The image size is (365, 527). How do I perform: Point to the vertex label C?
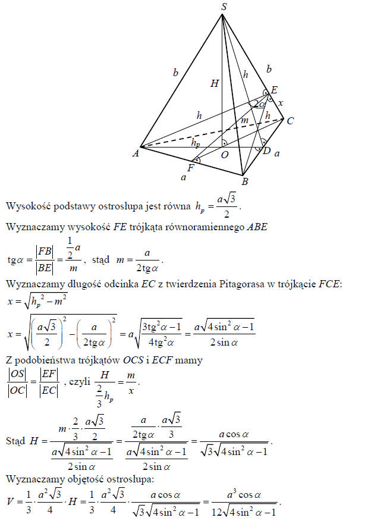290,121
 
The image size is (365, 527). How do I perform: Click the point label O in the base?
225,155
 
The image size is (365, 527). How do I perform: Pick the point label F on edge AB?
191,168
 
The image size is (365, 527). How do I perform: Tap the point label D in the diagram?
267,152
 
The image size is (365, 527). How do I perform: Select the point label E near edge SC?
274,90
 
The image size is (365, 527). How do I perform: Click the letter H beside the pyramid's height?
215,84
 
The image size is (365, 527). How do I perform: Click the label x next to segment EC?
281,103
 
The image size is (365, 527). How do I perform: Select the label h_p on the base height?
195,143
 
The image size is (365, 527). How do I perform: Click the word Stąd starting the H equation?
15,442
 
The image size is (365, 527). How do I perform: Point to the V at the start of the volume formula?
10,501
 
